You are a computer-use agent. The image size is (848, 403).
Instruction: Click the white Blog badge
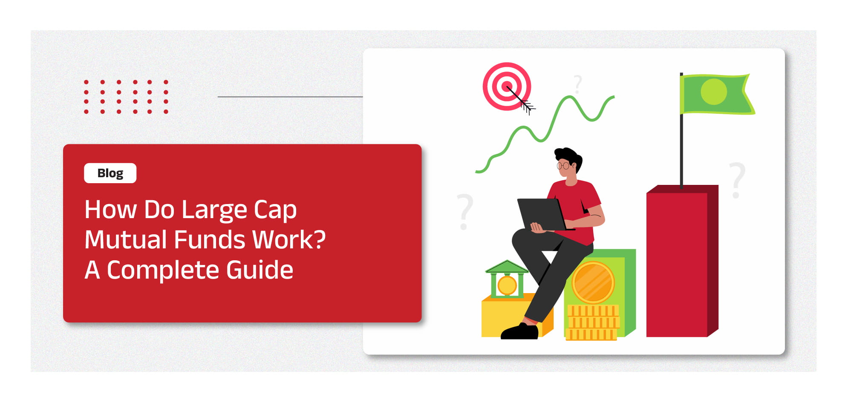point(110,173)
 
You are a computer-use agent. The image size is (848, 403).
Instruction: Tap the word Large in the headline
point(214,210)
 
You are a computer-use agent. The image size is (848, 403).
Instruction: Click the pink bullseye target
point(507,86)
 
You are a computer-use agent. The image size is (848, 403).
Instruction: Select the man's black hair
point(569,158)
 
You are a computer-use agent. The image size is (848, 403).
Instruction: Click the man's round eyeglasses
point(563,166)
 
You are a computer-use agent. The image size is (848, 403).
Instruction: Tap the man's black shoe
point(519,331)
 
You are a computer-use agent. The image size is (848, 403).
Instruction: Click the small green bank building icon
point(507,279)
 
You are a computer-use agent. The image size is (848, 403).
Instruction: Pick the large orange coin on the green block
point(593,282)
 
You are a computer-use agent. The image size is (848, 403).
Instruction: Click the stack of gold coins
point(593,322)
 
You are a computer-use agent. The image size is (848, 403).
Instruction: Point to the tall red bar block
point(682,261)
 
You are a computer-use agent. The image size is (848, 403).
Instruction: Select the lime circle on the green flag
point(714,92)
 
